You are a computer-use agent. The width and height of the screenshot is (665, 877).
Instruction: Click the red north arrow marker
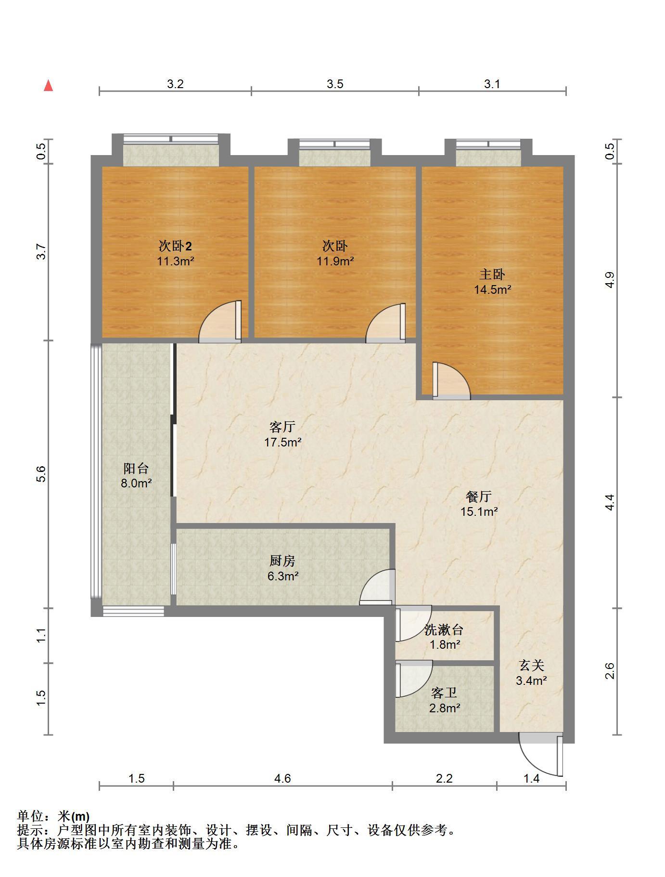[x=48, y=86]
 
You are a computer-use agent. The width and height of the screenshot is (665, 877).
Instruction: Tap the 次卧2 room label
[x=175, y=246]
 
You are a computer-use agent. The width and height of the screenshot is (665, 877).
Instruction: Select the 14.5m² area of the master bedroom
[x=492, y=289]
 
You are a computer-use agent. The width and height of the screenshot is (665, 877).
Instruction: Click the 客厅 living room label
[x=282, y=427]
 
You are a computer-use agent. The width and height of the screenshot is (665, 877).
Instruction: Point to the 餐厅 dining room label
[x=479, y=497]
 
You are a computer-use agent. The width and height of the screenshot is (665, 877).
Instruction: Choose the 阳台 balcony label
[x=136, y=468]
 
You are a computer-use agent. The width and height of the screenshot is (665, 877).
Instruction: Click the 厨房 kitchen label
[x=282, y=561]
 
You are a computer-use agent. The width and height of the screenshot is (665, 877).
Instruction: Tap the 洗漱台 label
[x=444, y=629]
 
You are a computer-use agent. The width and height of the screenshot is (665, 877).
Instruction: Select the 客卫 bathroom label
[x=444, y=693]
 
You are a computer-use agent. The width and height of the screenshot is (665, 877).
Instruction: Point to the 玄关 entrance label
[x=531, y=666]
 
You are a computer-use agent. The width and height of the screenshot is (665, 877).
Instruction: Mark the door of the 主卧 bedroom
[x=451, y=381]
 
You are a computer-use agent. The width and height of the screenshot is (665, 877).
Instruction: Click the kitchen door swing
[x=377, y=587]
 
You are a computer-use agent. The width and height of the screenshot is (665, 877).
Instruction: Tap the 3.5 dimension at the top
[x=335, y=84]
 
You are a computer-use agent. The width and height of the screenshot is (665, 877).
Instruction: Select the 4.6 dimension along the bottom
[x=282, y=778]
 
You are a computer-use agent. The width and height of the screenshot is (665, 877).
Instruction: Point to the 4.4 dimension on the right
[x=610, y=503]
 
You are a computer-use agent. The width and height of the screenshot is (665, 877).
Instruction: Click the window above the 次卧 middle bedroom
[x=335, y=144]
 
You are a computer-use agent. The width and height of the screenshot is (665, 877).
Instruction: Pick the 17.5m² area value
[x=282, y=442]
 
